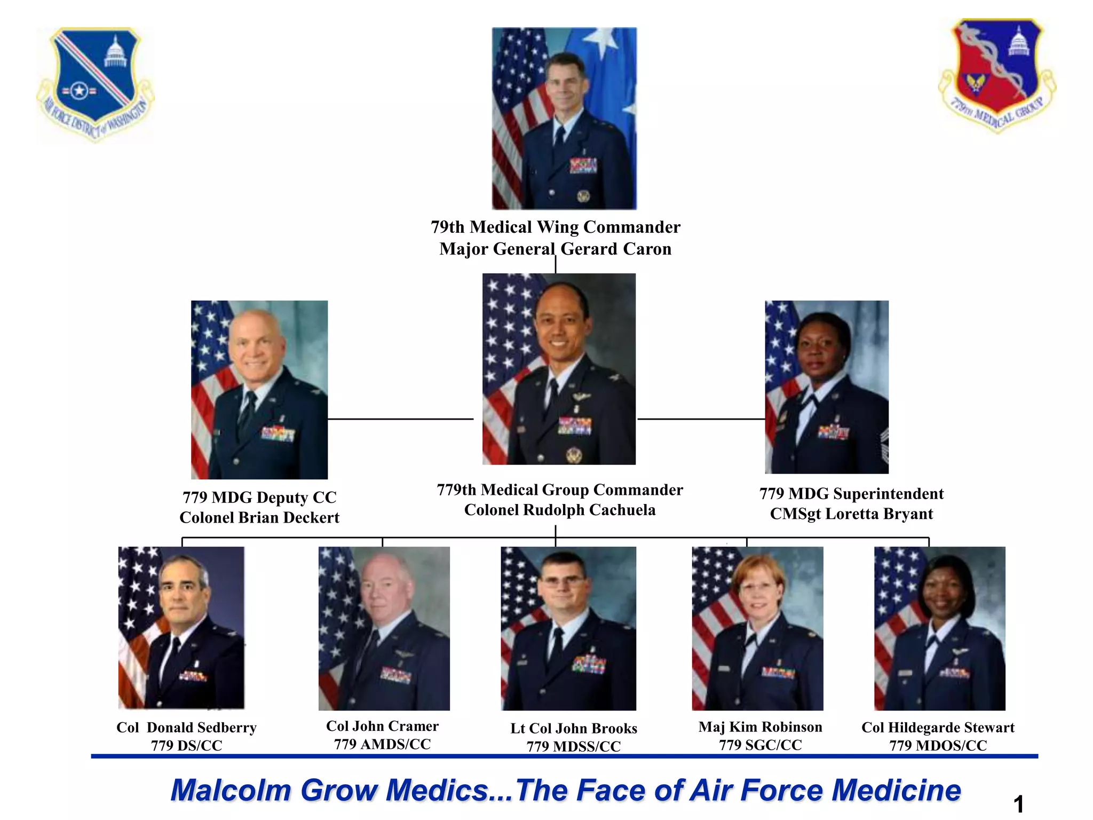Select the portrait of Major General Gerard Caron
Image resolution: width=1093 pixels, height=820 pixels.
(564, 118)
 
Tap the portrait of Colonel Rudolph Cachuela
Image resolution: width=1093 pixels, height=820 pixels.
(559, 369)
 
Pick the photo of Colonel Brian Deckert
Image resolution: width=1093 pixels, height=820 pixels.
(259, 390)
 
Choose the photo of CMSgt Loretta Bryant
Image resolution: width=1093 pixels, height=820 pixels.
(827, 387)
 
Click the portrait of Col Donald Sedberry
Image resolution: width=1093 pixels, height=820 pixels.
(181, 627)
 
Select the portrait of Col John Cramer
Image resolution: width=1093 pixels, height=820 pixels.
(384, 628)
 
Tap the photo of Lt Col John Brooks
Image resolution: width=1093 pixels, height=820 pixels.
(568, 628)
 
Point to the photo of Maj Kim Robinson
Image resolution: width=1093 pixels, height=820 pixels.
(757, 628)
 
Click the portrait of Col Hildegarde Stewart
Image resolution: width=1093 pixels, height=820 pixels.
(939, 628)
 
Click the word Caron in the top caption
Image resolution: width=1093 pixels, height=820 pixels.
(647, 249)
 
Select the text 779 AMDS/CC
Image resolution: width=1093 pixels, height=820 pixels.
(382, 744)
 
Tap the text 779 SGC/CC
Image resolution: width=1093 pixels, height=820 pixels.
(760, 745)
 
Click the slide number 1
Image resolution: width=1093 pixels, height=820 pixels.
(1018, 804)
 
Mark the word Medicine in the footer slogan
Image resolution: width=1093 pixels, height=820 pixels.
(896, 790)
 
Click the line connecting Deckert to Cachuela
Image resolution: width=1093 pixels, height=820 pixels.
(400, 419)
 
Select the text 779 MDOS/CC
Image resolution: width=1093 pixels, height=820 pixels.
(938, 745)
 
